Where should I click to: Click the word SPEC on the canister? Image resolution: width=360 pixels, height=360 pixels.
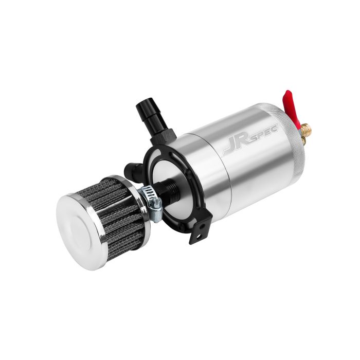click(x=265, y=131)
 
